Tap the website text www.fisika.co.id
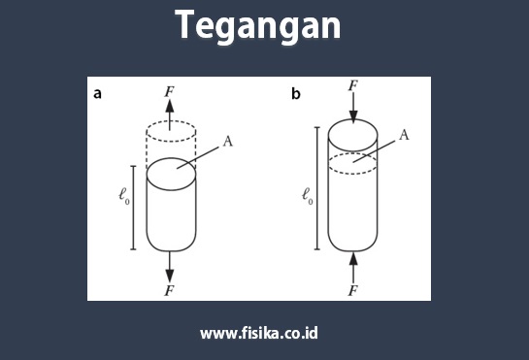[259, 333]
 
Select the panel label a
[98, 94]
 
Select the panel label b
[296, 94]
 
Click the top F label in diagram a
[170, 90]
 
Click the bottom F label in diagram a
[170, 288]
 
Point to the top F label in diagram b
[353, 87]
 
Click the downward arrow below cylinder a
[170, 265]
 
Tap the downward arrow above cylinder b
[353, 107]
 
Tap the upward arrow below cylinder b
[353, 265]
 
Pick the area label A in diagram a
[227, 142]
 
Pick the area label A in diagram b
[404, 135]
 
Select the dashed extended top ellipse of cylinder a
[170, 131]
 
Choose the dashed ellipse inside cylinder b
[353, 163]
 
